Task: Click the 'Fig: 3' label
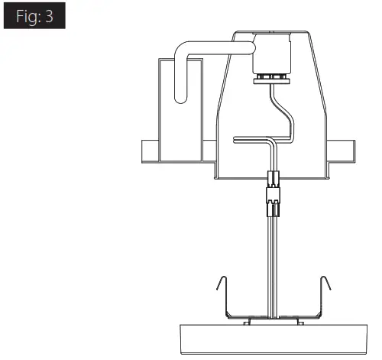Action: pos(34,16)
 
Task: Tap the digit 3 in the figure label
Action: pos(49,16)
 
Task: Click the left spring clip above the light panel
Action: pos(225,297)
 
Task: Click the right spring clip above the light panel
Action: pos(322,297)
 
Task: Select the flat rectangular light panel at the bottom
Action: pos(274,339)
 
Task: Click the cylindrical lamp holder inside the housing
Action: pos(272,53)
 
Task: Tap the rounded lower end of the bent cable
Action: pos(181,98)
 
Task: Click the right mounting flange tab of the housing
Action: pos(342,151)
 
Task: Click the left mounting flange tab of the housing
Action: pos(151,151)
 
